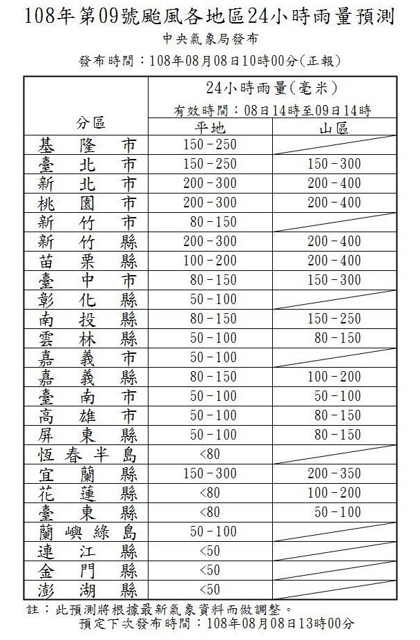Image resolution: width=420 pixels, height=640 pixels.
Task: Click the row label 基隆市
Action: tap(87, 145)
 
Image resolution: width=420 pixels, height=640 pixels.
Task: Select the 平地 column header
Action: tap(209, 129)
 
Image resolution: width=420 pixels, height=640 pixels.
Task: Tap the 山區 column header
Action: tap(334, 129)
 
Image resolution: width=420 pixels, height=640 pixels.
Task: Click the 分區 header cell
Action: tap(90, 123)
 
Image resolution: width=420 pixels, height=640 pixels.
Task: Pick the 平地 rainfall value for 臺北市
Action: tap(209, 164)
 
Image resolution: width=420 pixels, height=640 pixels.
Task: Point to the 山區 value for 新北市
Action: tap(334, 184)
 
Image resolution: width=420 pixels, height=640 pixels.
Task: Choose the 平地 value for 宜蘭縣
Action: tap(209, 474)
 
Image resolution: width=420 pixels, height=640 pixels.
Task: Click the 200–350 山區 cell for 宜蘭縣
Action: tap(334, 474)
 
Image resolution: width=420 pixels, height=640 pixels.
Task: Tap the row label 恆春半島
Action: tap(87, 455)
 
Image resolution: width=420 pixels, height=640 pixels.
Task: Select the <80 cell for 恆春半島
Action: tap(209, 455)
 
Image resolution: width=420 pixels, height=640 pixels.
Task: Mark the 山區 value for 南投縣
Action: tap(334, 319)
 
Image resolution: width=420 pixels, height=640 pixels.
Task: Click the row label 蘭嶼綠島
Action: tap(87, 532)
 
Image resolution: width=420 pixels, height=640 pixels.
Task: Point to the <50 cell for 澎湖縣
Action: tap(209, 590)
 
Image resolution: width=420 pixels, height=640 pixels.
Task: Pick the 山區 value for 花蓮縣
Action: tap(334, 493)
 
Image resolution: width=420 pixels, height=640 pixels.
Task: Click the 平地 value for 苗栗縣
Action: tap(209, 261)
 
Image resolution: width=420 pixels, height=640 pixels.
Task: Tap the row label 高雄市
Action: tap(87, 416)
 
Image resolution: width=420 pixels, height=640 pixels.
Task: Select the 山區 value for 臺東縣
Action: tap(334, 513)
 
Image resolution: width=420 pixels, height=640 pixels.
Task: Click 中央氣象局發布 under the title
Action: tap(209, 39)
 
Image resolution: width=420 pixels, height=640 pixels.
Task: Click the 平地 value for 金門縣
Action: tap(209, 571)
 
